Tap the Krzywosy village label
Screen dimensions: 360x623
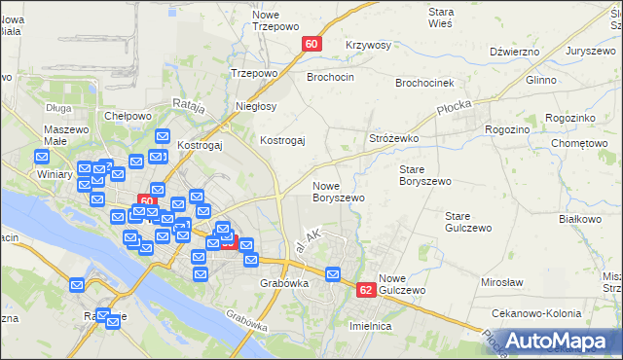[x=368, y=46]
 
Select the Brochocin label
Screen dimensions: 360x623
[x=330, y=76]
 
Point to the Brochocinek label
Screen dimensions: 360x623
[x=425, y=83]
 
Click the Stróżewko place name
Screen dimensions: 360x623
[x=393, y=139]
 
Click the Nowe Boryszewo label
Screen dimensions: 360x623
[x=338, y=191]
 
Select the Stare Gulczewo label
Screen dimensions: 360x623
[x=465, y=222]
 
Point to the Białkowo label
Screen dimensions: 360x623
[x=580, y=220]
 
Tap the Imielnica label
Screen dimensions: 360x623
[x=370, y=326]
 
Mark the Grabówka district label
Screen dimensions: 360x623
[x=284, y=284]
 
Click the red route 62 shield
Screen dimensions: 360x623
[x=366, y=290]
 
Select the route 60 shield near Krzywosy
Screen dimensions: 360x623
[x=311, y=44]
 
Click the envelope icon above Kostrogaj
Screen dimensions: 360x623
[x=163, y=137]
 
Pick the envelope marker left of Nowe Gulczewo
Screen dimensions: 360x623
[x=335, y=275]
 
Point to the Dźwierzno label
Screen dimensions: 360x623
[x=515, y=52]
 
